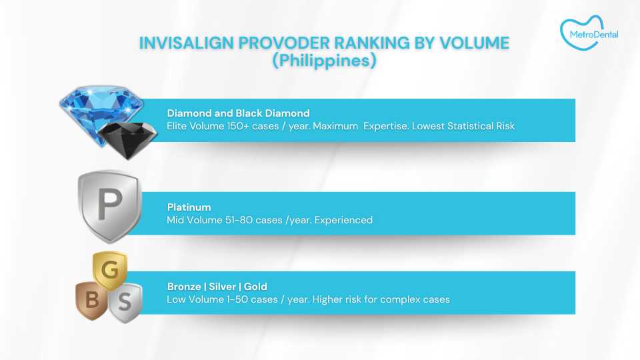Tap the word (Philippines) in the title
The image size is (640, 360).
coord(324,60)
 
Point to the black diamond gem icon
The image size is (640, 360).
coord(127,137)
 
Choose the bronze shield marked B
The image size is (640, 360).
coord(91,301)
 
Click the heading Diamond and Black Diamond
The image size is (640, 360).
coord(238,113)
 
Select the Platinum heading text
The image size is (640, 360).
coord(189,208)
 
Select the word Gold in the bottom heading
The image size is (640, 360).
coord(255,287)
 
